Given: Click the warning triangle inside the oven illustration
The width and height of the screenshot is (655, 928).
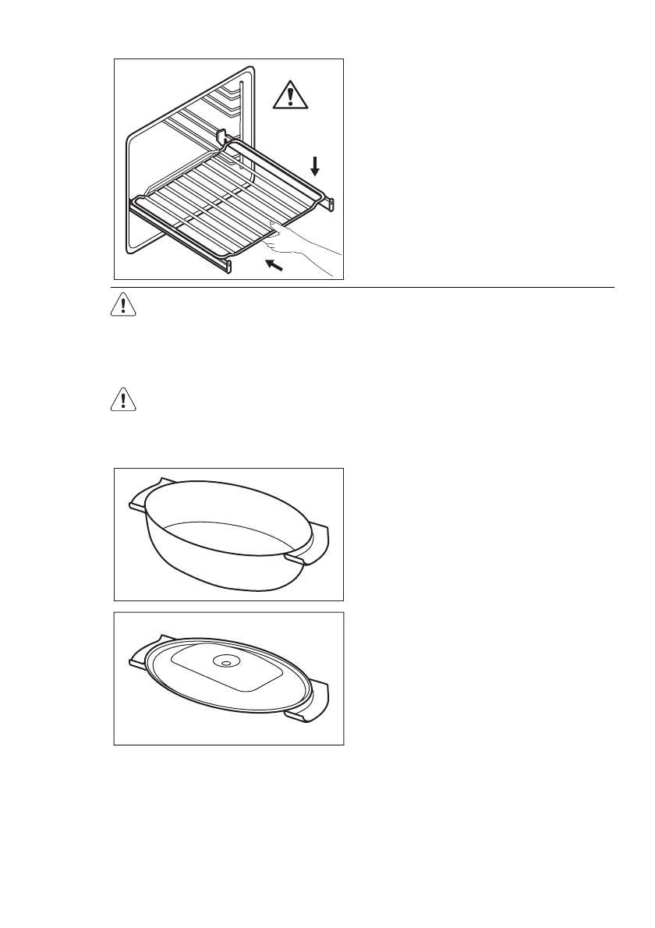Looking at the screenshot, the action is click(x=291, y=96).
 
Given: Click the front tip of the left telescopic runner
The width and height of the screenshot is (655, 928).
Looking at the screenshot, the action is click(x=228, y=267).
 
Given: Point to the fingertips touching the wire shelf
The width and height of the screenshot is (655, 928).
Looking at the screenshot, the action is click(x=275, y=228).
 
